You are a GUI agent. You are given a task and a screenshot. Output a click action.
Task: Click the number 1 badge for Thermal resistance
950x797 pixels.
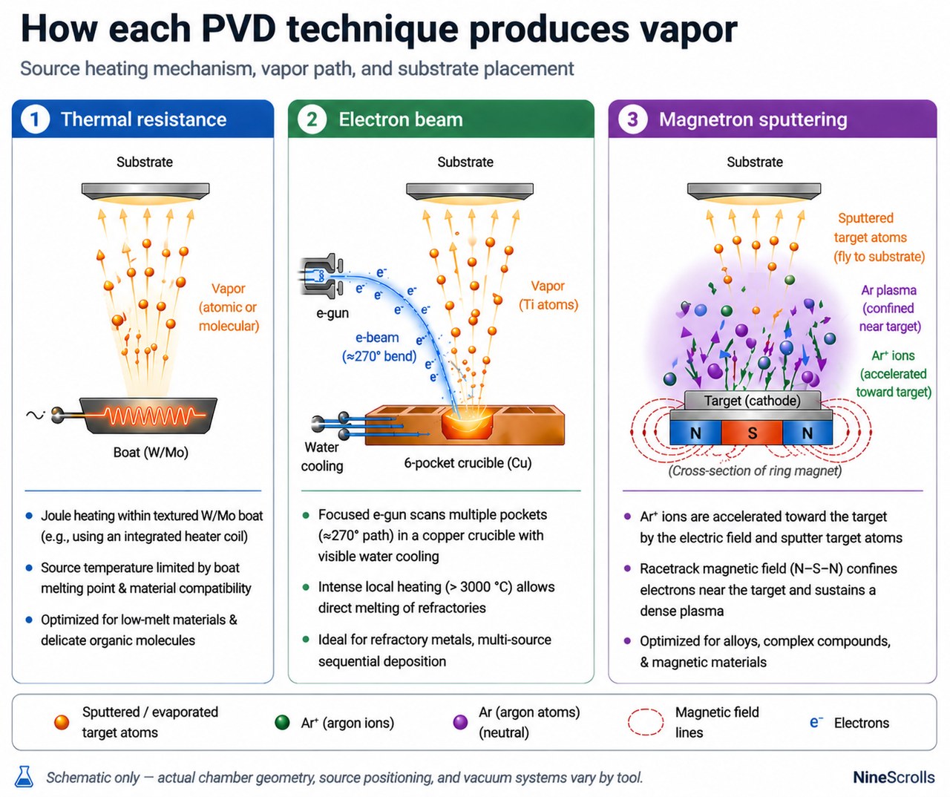point(35,119)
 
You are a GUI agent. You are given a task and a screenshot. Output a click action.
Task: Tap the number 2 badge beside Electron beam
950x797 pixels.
point(312,119)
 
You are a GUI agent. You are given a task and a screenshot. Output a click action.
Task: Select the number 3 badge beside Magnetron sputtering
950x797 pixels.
point(632,119)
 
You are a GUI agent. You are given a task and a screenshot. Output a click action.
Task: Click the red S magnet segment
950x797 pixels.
point(752,433)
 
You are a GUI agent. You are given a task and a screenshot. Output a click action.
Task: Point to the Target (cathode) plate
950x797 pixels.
point(752,401)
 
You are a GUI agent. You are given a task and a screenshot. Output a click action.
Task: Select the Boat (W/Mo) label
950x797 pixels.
point(151,452)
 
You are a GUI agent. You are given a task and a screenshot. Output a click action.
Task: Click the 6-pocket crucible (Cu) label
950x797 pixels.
point(468,463)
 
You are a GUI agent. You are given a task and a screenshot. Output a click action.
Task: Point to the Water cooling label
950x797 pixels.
point(321,456)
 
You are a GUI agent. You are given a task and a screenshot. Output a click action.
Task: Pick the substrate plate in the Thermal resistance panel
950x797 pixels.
point(145,191)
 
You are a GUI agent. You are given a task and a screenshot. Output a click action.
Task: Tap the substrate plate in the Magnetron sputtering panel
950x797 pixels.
point(754,191)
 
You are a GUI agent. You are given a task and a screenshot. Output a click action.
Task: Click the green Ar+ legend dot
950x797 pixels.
point(282,722)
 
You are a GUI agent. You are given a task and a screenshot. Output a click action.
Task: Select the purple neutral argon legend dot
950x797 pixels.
point(460,722)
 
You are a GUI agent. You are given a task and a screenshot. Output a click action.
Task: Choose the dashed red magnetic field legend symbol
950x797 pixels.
point(645,722)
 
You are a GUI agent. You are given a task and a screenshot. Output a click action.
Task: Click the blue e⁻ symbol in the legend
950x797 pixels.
point(816,722)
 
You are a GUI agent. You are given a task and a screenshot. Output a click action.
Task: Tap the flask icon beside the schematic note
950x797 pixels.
point(24,776)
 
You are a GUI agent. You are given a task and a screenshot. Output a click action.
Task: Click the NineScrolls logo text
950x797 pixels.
point(894,777)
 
